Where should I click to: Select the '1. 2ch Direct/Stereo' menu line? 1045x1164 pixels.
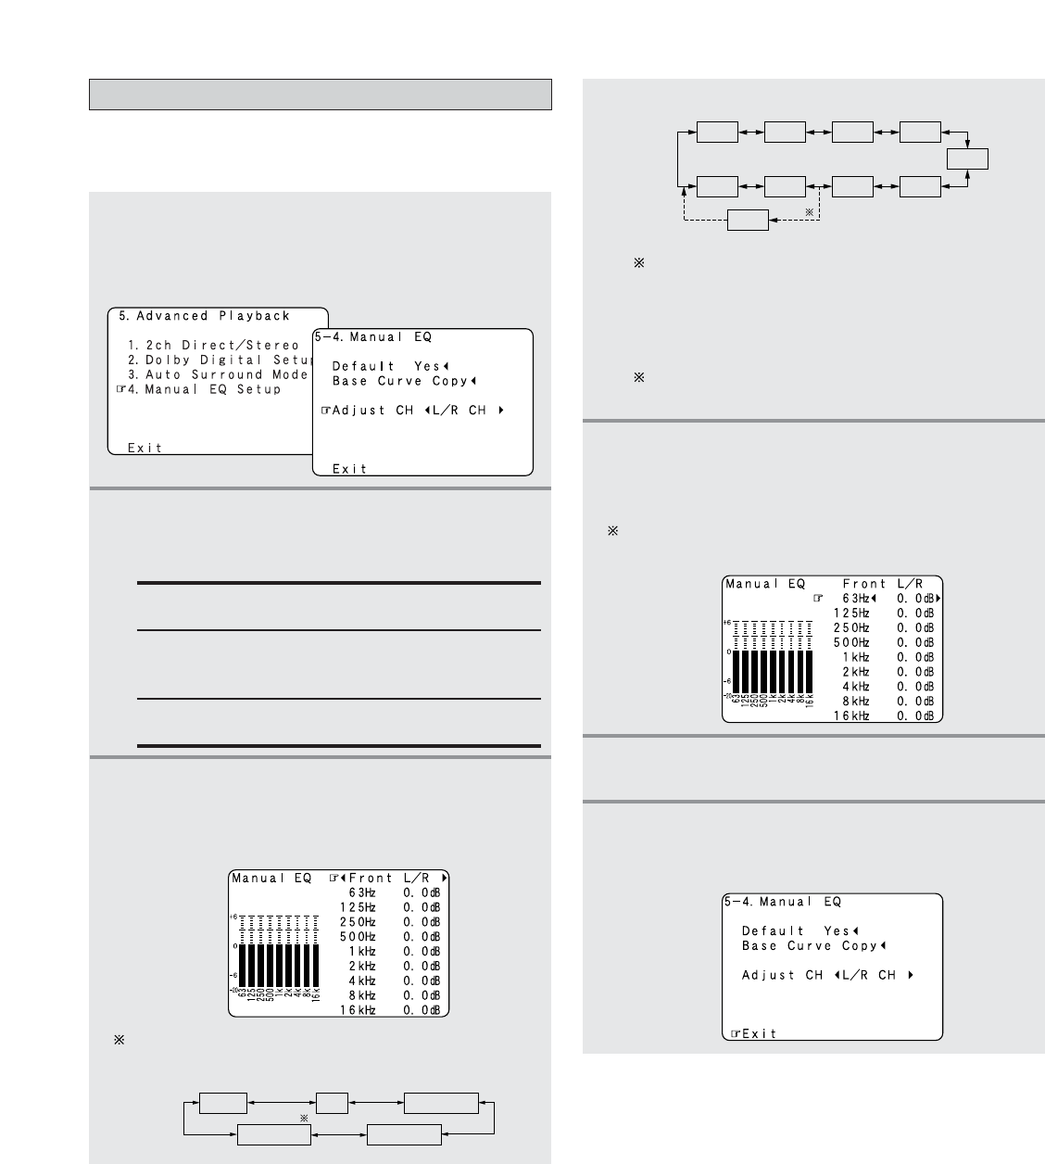tap(213, 346)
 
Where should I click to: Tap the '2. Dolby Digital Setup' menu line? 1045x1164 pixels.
tap(221, 361)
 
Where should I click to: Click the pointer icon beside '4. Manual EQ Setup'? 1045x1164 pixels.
tap(120, 390)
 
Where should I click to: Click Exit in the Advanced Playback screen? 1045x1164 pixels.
tap(145, 448)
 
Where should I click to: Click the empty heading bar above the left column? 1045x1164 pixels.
tap(321, 95)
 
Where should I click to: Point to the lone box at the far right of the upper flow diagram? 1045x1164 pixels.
tap(967, 159)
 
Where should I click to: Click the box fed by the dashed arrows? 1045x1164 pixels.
tap(748, 220)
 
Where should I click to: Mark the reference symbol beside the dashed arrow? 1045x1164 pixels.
tap(810, 212)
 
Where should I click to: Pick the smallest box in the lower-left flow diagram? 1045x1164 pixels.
tap(332, 1103)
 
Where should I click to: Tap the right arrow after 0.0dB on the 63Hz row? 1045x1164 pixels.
tap(938, 598)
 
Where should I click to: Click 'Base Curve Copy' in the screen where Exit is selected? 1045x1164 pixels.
tap(809, 945)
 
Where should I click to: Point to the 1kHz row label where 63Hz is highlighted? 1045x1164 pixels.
tap(856, 657)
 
